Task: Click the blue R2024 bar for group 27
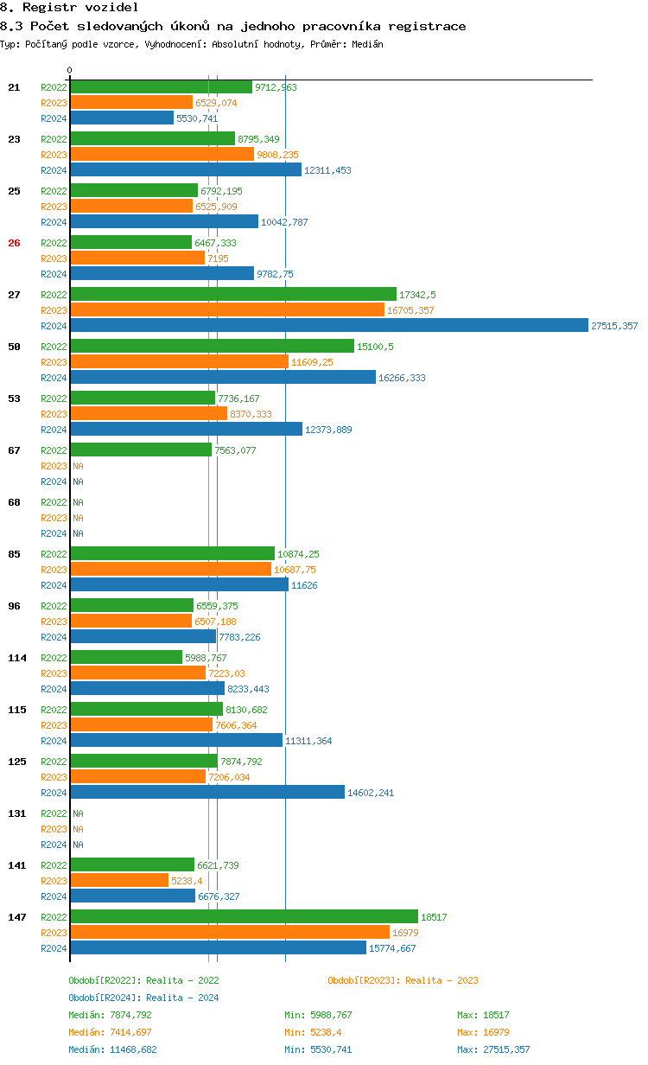coord(328,325)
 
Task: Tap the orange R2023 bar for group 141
coord(119,880)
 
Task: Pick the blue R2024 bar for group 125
coord(207,792)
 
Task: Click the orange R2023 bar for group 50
coord(179,361)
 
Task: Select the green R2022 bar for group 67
coord(141,450)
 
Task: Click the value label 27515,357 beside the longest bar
coord(614,326)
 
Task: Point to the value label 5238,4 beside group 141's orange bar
coord(187,881)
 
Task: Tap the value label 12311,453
coord(327,170)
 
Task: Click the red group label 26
coord(14,243)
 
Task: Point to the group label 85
coord(14,554)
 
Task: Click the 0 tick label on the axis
coord(70,70)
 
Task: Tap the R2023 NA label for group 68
coord(78,518)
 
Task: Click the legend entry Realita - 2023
coord(403,980)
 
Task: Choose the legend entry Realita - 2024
coord(143,998)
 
